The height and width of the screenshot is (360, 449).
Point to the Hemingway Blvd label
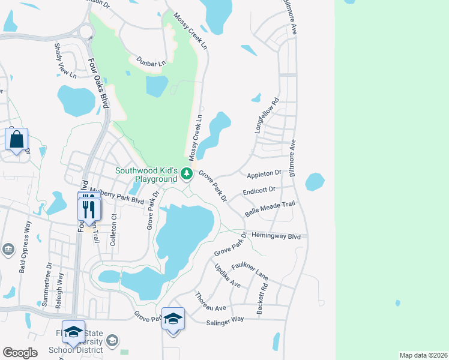(x=276, y=236)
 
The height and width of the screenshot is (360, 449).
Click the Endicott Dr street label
(x=259, y=191)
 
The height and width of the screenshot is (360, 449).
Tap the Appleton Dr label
(x=264, y=173)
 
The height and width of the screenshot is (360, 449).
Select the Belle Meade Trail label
(x=271, y=209)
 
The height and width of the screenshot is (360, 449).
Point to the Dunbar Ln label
(x=150, y=63)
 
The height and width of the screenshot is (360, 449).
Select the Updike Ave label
(x=228, y=275)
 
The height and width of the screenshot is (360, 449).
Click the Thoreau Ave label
(x=210, y=302)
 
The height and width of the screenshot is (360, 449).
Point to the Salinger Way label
(x=224, y=319)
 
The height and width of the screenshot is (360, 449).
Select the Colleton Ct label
(x=112, y=235)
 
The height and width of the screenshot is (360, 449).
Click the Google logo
(x=20, y=353)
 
